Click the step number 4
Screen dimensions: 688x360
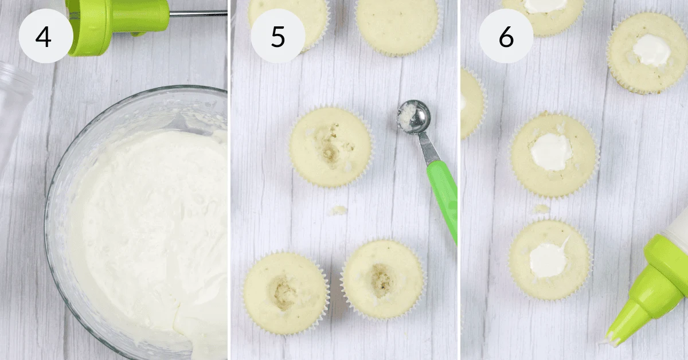(44, 37)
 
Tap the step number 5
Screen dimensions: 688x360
(278, 37)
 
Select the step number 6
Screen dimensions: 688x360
(506, 37)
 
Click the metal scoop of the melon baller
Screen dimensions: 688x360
(414, 117)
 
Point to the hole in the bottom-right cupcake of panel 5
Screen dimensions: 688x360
(381, 280)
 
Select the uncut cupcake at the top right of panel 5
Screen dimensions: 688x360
(398, 27)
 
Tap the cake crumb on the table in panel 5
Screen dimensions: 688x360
(338, 210)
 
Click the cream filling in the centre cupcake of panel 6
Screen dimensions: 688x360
(552, 152)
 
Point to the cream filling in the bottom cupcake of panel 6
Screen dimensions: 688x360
(549, 259)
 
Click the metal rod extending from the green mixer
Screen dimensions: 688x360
(198, 13)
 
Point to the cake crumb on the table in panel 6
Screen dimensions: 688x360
(541, 209)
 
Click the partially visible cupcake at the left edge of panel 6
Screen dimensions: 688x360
(472, 103)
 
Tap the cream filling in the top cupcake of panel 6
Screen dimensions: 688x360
(545, 6)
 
